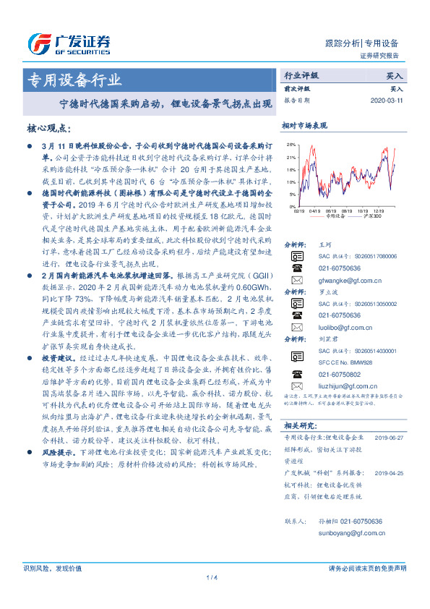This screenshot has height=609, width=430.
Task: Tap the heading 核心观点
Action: pos(48,128)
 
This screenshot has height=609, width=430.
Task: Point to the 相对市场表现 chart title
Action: pos(304,126)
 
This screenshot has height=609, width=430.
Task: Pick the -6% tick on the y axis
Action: pos(291,208)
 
